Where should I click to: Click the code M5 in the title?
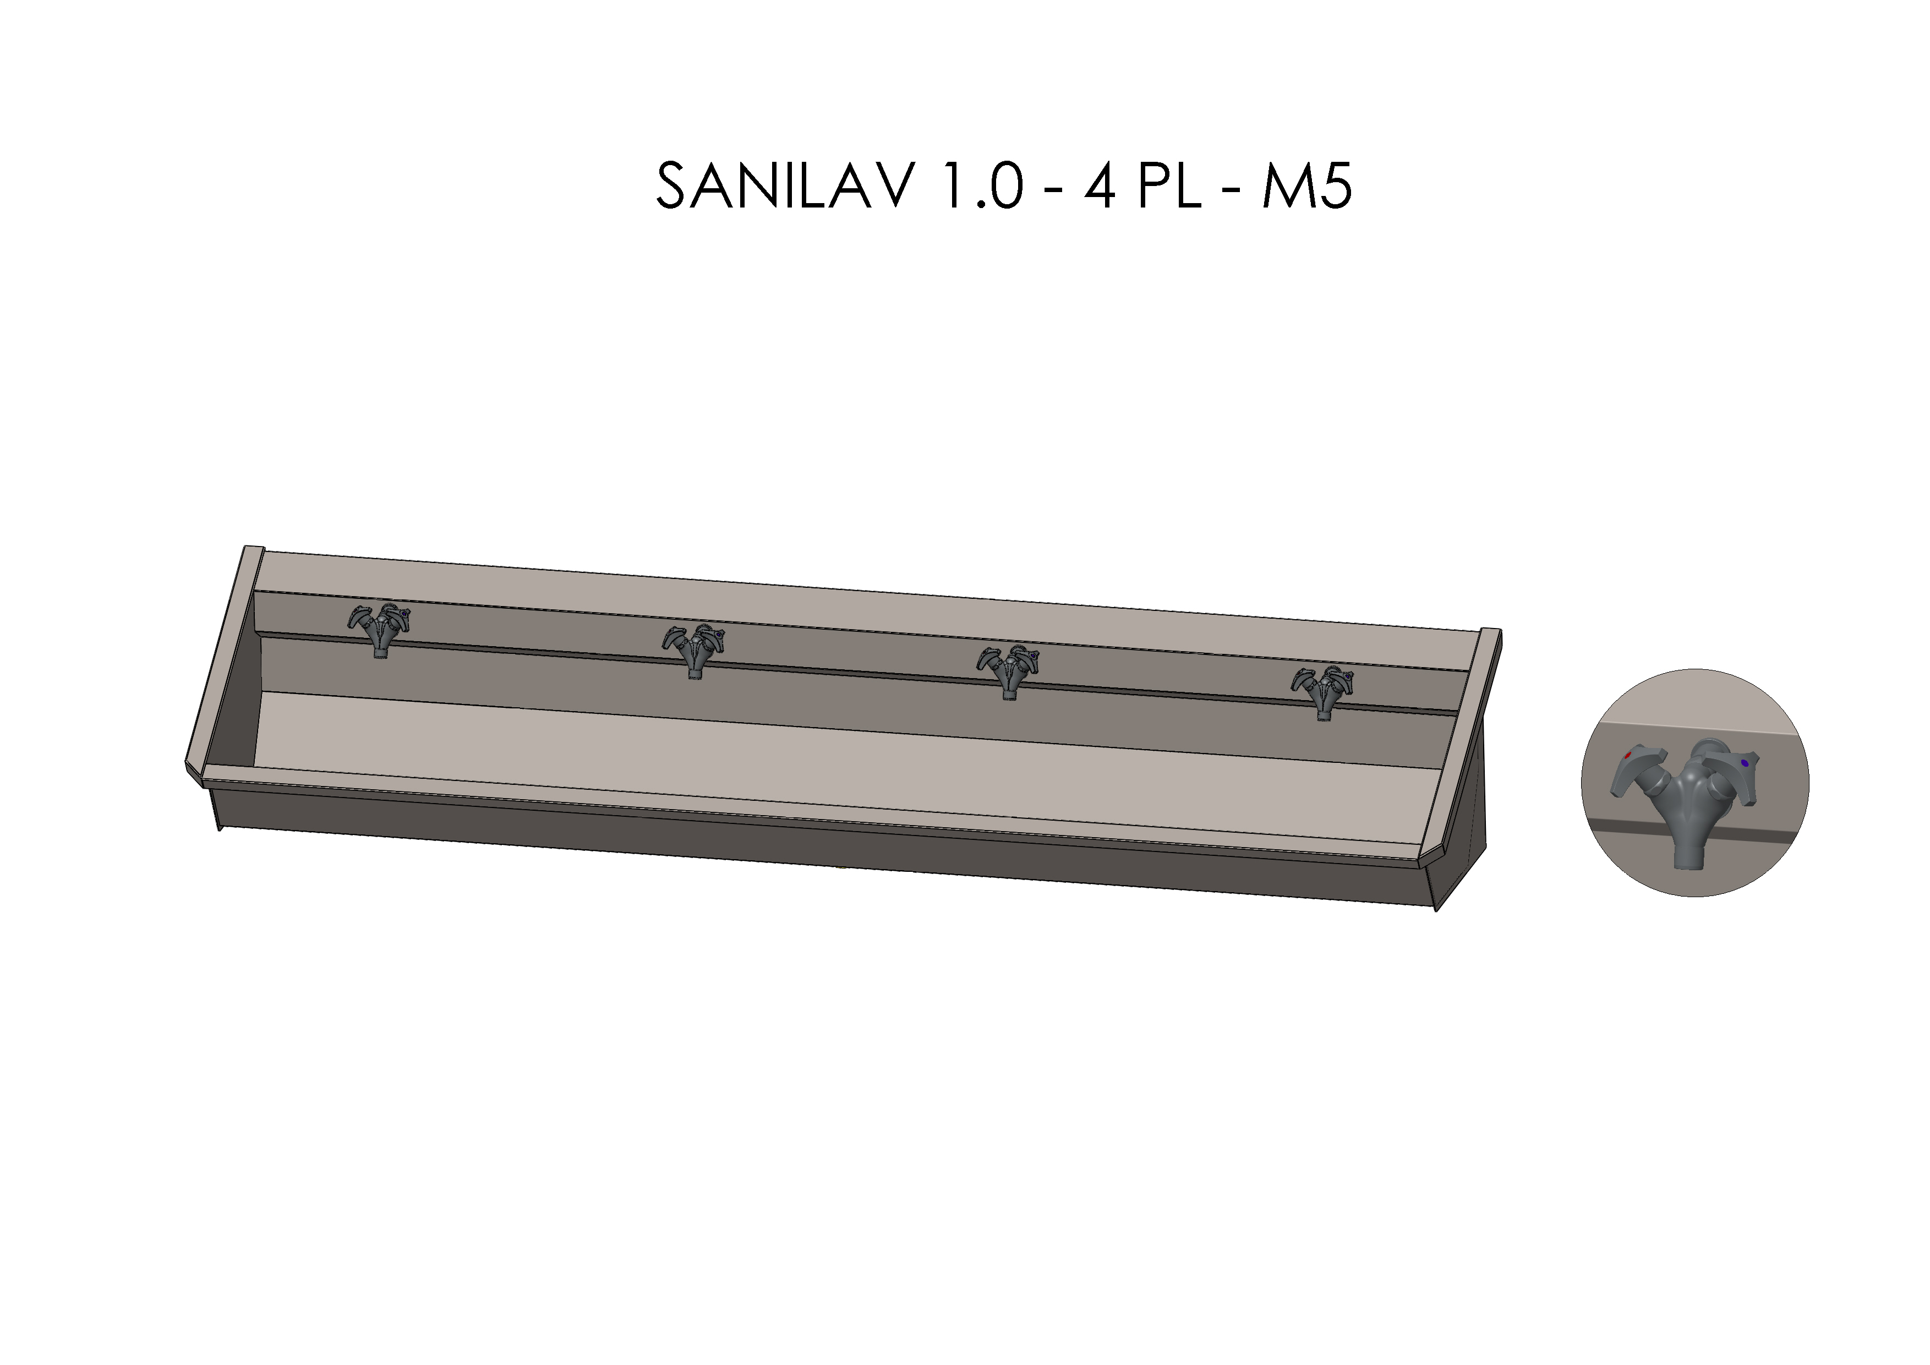(1305, 187)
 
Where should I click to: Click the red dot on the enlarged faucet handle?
(1628, 756)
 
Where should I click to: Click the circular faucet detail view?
(1694, 783)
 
